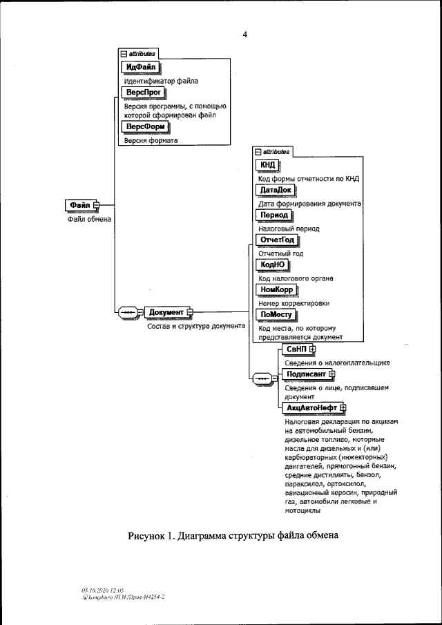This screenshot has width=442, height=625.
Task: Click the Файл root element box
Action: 80,204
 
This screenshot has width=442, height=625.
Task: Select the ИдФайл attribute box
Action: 140,66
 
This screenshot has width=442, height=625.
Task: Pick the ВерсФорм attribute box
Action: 145,127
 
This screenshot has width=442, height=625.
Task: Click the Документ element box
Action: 166,312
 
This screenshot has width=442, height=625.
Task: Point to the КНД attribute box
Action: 267,165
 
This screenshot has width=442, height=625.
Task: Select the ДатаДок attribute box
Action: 275,190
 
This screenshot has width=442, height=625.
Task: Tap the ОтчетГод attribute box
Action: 277,240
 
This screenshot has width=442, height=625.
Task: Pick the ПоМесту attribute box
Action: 274,314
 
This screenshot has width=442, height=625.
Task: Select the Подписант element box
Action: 305,374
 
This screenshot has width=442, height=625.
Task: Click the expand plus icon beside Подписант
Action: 331,374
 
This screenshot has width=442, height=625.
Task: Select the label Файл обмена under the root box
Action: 89,219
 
